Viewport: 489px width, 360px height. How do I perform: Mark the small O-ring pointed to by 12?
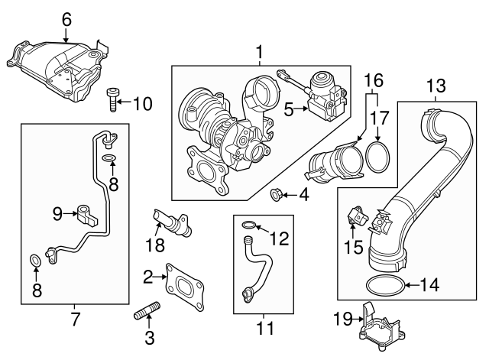click(249, 225)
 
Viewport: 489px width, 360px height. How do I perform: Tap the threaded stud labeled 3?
click(147, 313)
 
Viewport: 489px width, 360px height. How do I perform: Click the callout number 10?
click(142, 103)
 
